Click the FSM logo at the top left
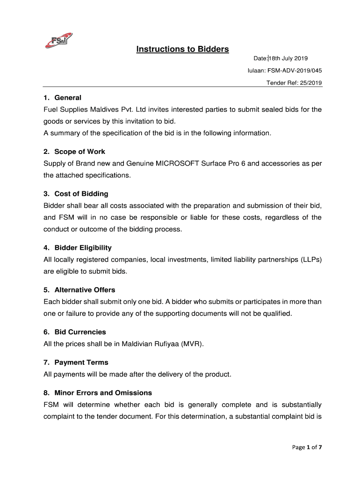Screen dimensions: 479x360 pyautogui.click(x=58, y=41)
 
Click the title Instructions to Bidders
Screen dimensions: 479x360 pyautogui.click(x=182, y=49)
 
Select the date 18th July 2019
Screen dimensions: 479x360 pyautogui.click(x=288, y=58)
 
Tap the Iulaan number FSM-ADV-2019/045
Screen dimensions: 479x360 pyautogui.click(x=294, y=71)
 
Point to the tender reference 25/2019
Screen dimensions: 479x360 pyautogui.click(x=310, y=83)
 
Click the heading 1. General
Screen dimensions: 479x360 pyautogui.click(x=62, y=98)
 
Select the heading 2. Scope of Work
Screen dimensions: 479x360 pyautogui.click(x=74, y=152)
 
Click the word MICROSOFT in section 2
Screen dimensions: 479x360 pyautogui.click(x=183, y=164)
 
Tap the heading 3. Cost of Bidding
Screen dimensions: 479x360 pyautogui.click(x=76, y=194)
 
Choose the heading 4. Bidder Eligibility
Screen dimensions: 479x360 pyautogui.click(x=77, y=247)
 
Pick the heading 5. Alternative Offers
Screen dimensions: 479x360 pyautogui.click(x=79, y=290)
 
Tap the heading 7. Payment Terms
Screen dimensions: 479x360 pyautogui.click(x=76, y=363)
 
